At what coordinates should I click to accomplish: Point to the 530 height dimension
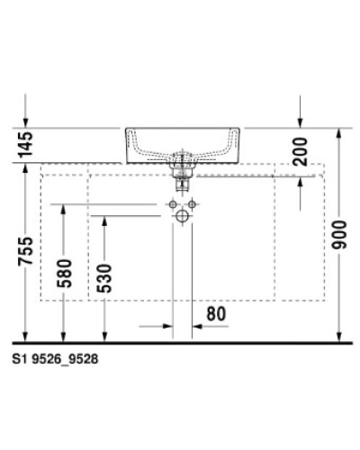[106, 280]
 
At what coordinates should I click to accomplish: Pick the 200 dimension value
[300, 148]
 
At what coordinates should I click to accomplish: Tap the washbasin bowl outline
[182, 144]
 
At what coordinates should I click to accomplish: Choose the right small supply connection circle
[191, 205]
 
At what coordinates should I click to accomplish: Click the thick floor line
[180, 344]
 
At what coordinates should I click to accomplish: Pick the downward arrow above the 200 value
[301, 121]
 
